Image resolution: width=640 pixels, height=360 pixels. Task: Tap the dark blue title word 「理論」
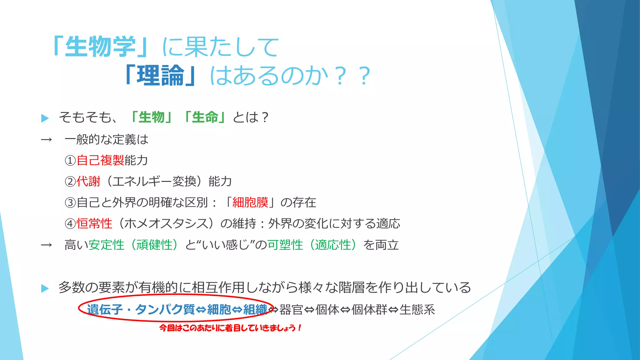(x=160, y=76)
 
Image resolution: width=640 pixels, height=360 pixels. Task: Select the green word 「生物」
(x=152, y=117)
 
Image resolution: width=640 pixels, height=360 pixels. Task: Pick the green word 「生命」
(x=205, y=117)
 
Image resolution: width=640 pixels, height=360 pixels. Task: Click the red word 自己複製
(x=100, y=160)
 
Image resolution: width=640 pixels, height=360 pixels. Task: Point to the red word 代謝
(x=88, y=181)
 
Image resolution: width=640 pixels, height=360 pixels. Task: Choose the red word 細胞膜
(x=250, y=202)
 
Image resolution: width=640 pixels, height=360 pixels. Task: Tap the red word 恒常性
(x=94, y=223)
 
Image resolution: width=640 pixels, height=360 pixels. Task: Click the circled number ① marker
(x=70, y=161)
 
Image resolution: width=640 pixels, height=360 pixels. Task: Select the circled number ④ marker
(x=70, y=224)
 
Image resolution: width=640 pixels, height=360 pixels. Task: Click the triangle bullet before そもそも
(x=45, y=118)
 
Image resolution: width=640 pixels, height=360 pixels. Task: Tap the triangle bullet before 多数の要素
(x=45, y=288)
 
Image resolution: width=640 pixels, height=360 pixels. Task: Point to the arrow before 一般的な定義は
(x=46, y=140)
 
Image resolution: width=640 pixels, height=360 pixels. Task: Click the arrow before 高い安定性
(x=46, y=245)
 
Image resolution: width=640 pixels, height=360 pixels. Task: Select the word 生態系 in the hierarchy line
(x=417, y=310)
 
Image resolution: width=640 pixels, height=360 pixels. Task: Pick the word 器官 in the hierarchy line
(x=291, y=310)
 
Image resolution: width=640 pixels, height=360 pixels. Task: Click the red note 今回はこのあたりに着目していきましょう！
(x=230, y=328)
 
